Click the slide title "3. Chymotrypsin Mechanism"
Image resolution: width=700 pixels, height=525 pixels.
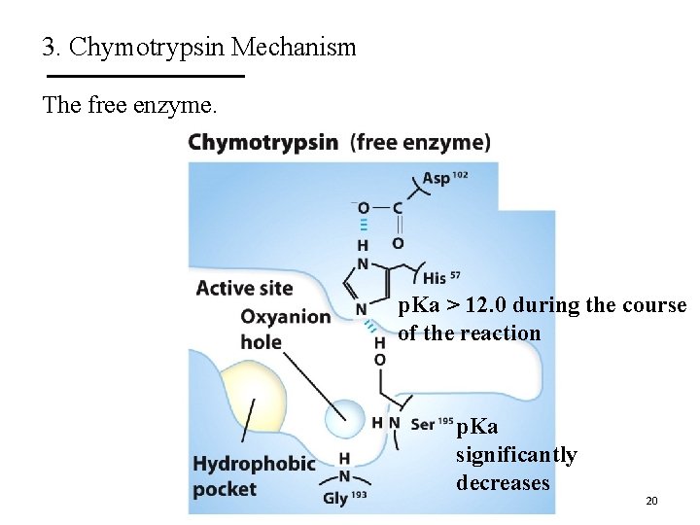coord(199,47)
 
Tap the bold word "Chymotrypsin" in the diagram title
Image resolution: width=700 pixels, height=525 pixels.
coord(263,143)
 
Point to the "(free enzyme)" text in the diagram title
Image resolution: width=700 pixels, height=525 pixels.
coord(420,143)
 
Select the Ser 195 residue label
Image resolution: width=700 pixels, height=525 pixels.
coord(432,423)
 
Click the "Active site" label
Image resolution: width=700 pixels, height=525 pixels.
coord(244,288)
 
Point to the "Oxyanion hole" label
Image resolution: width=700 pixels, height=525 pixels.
coord(285,329)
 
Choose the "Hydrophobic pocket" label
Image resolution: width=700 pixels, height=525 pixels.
coord(254,475)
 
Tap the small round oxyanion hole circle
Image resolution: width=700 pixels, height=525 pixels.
coord(345,420)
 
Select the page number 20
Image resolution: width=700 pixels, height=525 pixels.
coord(651,501)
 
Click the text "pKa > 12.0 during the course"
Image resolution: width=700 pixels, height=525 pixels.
coord(542,305)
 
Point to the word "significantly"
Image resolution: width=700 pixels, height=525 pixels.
coord(516,455)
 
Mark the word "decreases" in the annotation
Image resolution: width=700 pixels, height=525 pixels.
coord(503,483)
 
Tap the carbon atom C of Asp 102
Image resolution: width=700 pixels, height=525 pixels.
coord(398,208)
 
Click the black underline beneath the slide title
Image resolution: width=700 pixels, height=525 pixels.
coord(145,76)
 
